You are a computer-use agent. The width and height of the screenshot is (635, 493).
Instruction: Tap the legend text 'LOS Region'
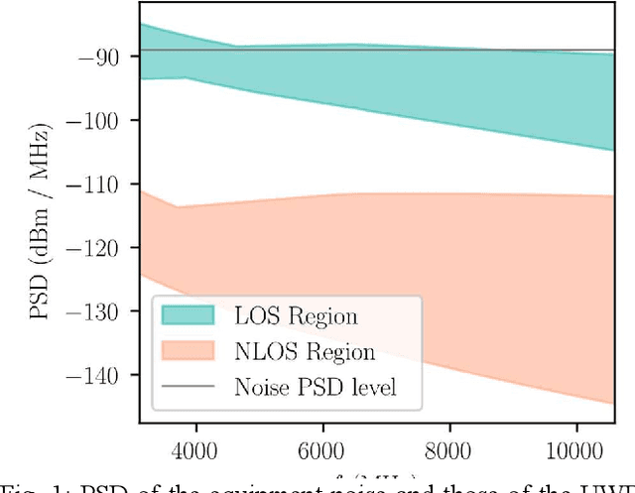click(296, 316)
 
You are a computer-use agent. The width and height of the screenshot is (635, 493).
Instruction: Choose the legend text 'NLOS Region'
click(305, 351)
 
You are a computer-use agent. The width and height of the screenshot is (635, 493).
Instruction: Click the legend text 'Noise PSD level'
click(315, 386)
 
